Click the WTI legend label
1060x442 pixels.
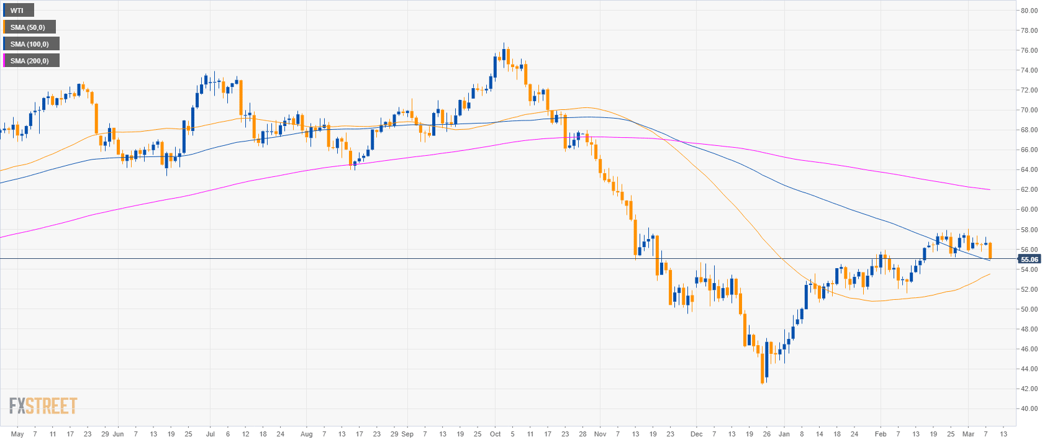pos(17,11)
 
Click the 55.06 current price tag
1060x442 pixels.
pos(1029,259)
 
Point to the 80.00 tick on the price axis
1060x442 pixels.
pos(1029,11)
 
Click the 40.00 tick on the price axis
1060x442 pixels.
pos(1029,408)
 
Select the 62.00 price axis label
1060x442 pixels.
pos(1029,189)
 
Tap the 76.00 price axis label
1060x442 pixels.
pos(1029,50)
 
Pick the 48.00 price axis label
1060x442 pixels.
pos(1029,329)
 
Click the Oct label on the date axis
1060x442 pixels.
pos(495,434)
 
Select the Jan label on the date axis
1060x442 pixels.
pos(784,434)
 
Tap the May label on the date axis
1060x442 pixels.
pos(17,434)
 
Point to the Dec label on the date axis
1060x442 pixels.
pos(697,434)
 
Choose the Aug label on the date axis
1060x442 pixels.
pos(306,434)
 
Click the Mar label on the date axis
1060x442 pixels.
pos(968,434)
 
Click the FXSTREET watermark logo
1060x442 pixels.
pos(43,406)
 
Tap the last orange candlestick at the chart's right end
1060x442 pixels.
pos(990,250)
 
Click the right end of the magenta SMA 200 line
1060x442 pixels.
pos(989,189)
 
